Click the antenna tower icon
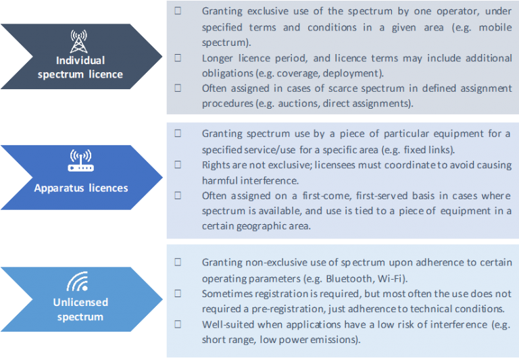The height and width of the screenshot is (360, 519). pyautogui.click(x=80, y=43)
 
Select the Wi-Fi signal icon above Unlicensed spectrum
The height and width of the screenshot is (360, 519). pyautogui.click(x=80, y=280)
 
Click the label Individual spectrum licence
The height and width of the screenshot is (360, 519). pyautogui.click(x=80, y=68)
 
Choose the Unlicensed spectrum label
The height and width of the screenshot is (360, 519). pyautogui.click(x=80, y=309)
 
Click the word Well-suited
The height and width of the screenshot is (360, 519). pyautogui.click(x=228, y=324)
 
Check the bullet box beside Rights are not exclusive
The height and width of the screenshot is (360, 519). pyautogui.click(x=178, y=165)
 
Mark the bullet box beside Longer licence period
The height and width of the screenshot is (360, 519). pyautogui.click(x=178, y=58)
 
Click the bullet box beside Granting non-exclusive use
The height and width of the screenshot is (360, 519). pyautogui.click(x=178, y=262)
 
